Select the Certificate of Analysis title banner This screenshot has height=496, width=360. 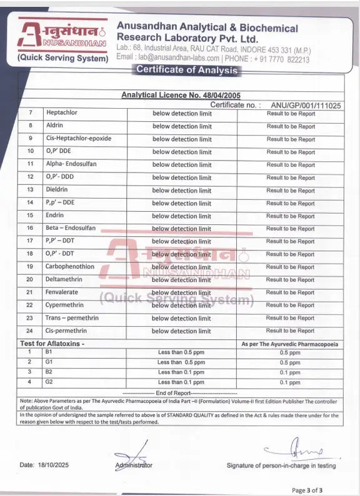click(x=187, y=70)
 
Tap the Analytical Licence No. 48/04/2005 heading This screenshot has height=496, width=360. click(x=181, y=95)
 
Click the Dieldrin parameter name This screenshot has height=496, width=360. click(x=56, y=190)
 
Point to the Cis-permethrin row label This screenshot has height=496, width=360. click(x=66, y=330)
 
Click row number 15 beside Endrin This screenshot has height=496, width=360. click(x=29, y=216)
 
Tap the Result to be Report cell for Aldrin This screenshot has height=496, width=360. click(x=291, y=126)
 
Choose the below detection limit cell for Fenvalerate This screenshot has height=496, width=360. click(x=181, y=292)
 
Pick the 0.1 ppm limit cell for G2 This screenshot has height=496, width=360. click(x=290, y=382)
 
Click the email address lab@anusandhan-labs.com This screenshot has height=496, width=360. click(x=172, y=59)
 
